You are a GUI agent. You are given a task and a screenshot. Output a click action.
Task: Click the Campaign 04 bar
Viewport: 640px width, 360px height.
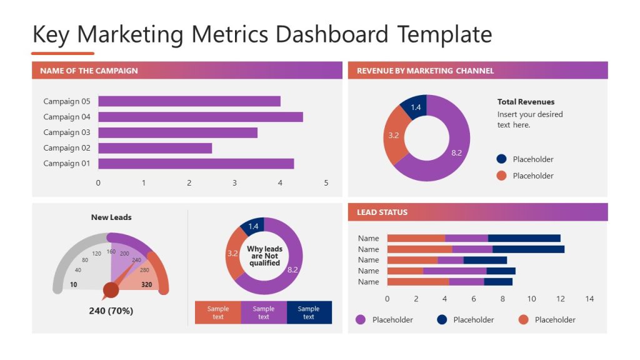click(x=200, y=117)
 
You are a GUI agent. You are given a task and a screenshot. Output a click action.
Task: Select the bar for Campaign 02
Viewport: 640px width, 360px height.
click(x=155, y=148)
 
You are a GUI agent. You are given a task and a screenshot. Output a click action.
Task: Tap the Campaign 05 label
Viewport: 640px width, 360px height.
click(x=67, y=101)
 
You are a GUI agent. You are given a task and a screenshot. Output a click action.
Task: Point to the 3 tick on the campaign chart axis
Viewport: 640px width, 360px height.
click(x=235, y=183)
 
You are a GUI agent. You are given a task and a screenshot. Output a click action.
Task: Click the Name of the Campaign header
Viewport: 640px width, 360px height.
click(x=89, y=71)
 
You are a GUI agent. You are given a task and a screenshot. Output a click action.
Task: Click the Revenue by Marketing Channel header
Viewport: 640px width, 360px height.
click(x=425, y=71)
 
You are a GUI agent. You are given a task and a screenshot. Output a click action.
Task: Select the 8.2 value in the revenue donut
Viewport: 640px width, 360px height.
click(x=456, y=152)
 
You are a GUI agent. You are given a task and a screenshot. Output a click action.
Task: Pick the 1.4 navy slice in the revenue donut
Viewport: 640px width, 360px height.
click(x=415, y=107)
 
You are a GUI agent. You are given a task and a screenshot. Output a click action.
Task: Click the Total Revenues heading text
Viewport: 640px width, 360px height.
click(x=526, y=102)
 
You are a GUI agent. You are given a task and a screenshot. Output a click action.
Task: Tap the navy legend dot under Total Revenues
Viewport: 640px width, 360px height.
click(x=501, y=159)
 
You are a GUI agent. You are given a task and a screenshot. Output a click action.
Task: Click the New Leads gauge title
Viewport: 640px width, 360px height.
click(x=111, y=217)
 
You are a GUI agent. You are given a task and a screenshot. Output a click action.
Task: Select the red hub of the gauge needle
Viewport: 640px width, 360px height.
click(x=111, y=290)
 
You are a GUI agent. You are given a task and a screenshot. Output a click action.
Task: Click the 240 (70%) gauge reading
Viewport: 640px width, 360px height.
click(x=111, y=311)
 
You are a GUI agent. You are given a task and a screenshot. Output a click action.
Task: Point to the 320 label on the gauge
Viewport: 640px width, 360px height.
click(x=147, y=284)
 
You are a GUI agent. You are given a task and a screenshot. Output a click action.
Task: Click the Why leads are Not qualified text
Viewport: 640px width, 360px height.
click(x=264, y=256)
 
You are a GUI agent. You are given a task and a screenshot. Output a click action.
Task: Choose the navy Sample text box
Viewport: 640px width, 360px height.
click(x=309, y=312)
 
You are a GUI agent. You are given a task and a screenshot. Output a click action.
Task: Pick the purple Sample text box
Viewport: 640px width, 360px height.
click(x=264, y=312)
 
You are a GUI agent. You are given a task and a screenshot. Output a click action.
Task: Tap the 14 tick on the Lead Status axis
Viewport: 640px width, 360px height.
click(x=589, y=299)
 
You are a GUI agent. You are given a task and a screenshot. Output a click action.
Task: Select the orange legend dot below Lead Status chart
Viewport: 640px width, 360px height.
click(x=523, y=320)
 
